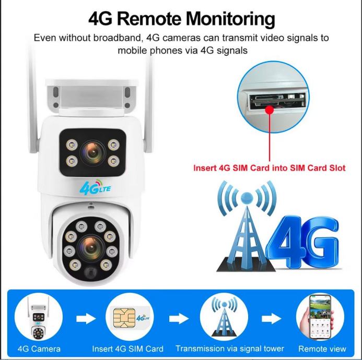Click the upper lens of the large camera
93,152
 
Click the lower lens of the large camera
91,248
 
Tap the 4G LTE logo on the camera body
95,187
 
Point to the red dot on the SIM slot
270,110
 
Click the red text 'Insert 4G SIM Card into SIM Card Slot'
269,168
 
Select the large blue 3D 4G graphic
303,242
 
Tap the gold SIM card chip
124,318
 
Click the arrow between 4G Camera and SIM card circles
86,319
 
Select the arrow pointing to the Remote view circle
271,319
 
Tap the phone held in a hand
320,317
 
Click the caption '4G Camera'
39,349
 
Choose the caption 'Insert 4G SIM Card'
127,349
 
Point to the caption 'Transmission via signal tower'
230,349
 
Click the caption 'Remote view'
322,349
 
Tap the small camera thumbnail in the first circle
38,318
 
